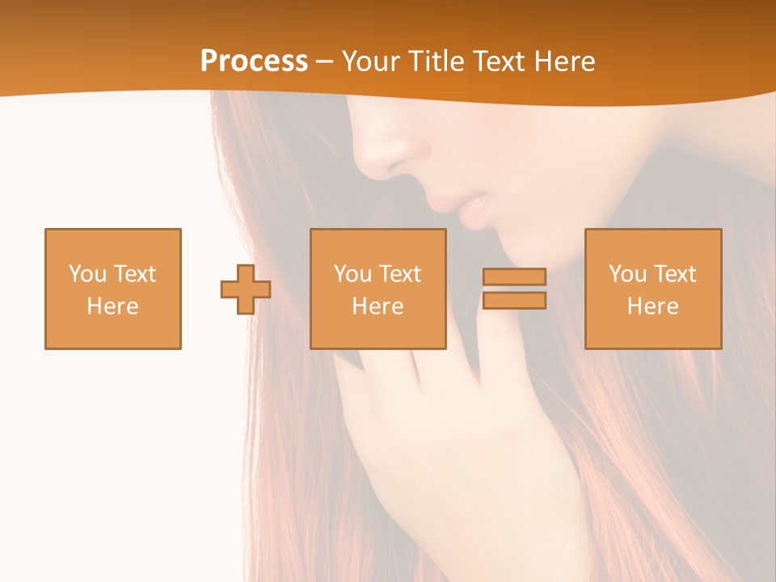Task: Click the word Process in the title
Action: tap(254, 61)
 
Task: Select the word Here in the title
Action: tap(563, 61)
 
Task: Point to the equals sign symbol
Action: tap(514, 289)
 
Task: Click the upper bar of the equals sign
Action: tap(514, 276)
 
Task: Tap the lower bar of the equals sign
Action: tap(514, 300)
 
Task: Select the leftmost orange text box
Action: tap(113, 289)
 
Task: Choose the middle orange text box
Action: tap(378, 289)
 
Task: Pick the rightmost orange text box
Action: tap(653, 289)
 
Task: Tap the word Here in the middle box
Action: tap(378, 306)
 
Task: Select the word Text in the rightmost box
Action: tap(675, 274)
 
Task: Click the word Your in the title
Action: tap(369, 61)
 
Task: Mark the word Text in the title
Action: tap(499, 61)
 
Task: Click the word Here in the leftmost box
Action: tap(113, 306)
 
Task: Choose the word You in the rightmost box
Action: tap(628, 274)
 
